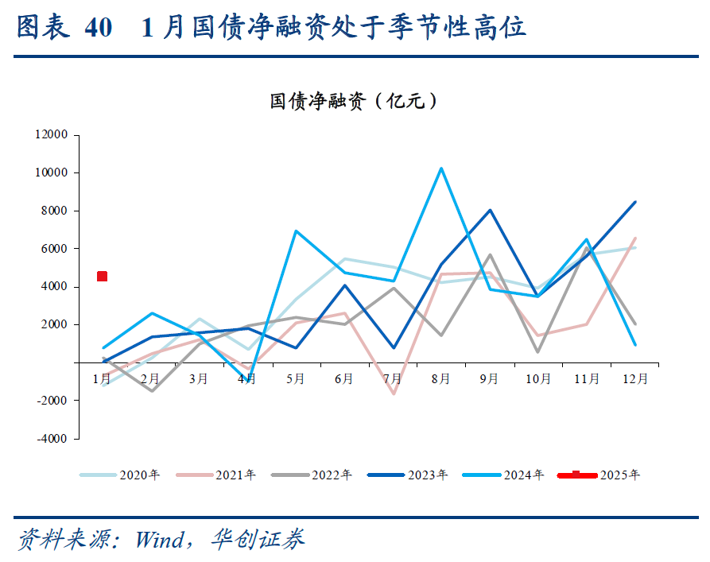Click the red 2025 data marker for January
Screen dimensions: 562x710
click(102, 276)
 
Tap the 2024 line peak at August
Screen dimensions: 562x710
click(441, 169)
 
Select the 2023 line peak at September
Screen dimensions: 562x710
click(490, 211)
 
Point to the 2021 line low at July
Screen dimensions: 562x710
click(393, 393)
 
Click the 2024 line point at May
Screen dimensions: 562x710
click(296, 231)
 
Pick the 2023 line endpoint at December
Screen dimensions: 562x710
click(634, 202)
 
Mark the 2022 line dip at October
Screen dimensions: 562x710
click(538, 351)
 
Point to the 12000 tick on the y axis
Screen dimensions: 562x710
click(52, 135)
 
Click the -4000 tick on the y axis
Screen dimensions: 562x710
click(52, 439)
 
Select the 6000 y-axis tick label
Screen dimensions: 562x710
click(55, 249)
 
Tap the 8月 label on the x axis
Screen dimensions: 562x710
click(441, 379)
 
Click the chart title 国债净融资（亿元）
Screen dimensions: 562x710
click(354, 101)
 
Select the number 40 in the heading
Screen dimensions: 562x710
click(97, 29)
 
